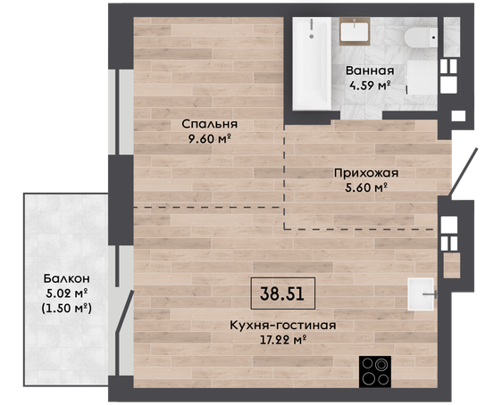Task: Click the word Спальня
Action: pyautogui.click(x=210, y=124)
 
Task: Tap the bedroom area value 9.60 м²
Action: pyautogui.click(x=210, y=139)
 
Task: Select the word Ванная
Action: pyautogui.click(x=370, y=70)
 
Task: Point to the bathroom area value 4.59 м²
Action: pyautogui.click(x=370, y=86)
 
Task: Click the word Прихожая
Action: pyautogui.click(x=366, y=173)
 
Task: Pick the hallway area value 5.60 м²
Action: pyautogui.click(x=366, y=187)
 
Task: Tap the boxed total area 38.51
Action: pyautogui.click(x=282, y=293)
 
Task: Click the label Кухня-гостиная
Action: pyautogui.click(x=283, y=326)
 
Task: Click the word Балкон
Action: pyautogui.click(x=67, y=278)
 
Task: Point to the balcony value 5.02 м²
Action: pyautogui.click(x=67, y=293)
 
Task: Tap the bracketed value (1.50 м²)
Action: pyautogui.click(x=67, y=308)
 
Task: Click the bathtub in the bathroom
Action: pyautogui.click(x=312, y=63)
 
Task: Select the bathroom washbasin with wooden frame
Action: pyautogui.click(x=355, y=31)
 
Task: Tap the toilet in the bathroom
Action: pyautogui.click(x=421, y=37)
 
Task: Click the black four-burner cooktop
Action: pyautogui.click(x=375, y=372)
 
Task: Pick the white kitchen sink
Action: pyautogui.click(x=421, y=294)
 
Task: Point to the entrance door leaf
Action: pyautogui.click(x=464, y=171)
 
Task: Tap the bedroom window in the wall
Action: pyautogui.click(x=117, y=112)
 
